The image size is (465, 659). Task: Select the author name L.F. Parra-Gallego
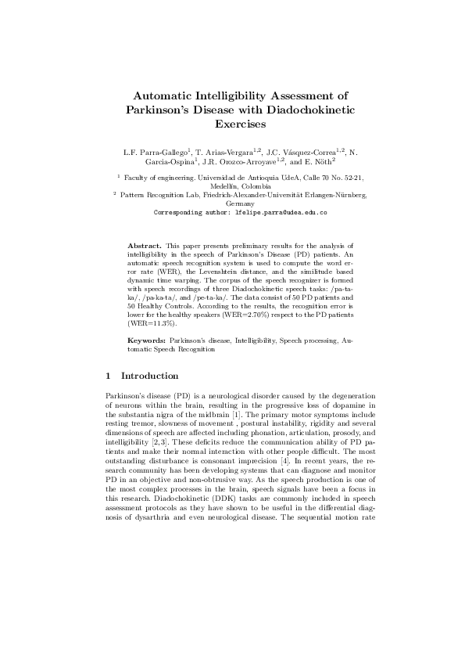[x=154, y=150]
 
